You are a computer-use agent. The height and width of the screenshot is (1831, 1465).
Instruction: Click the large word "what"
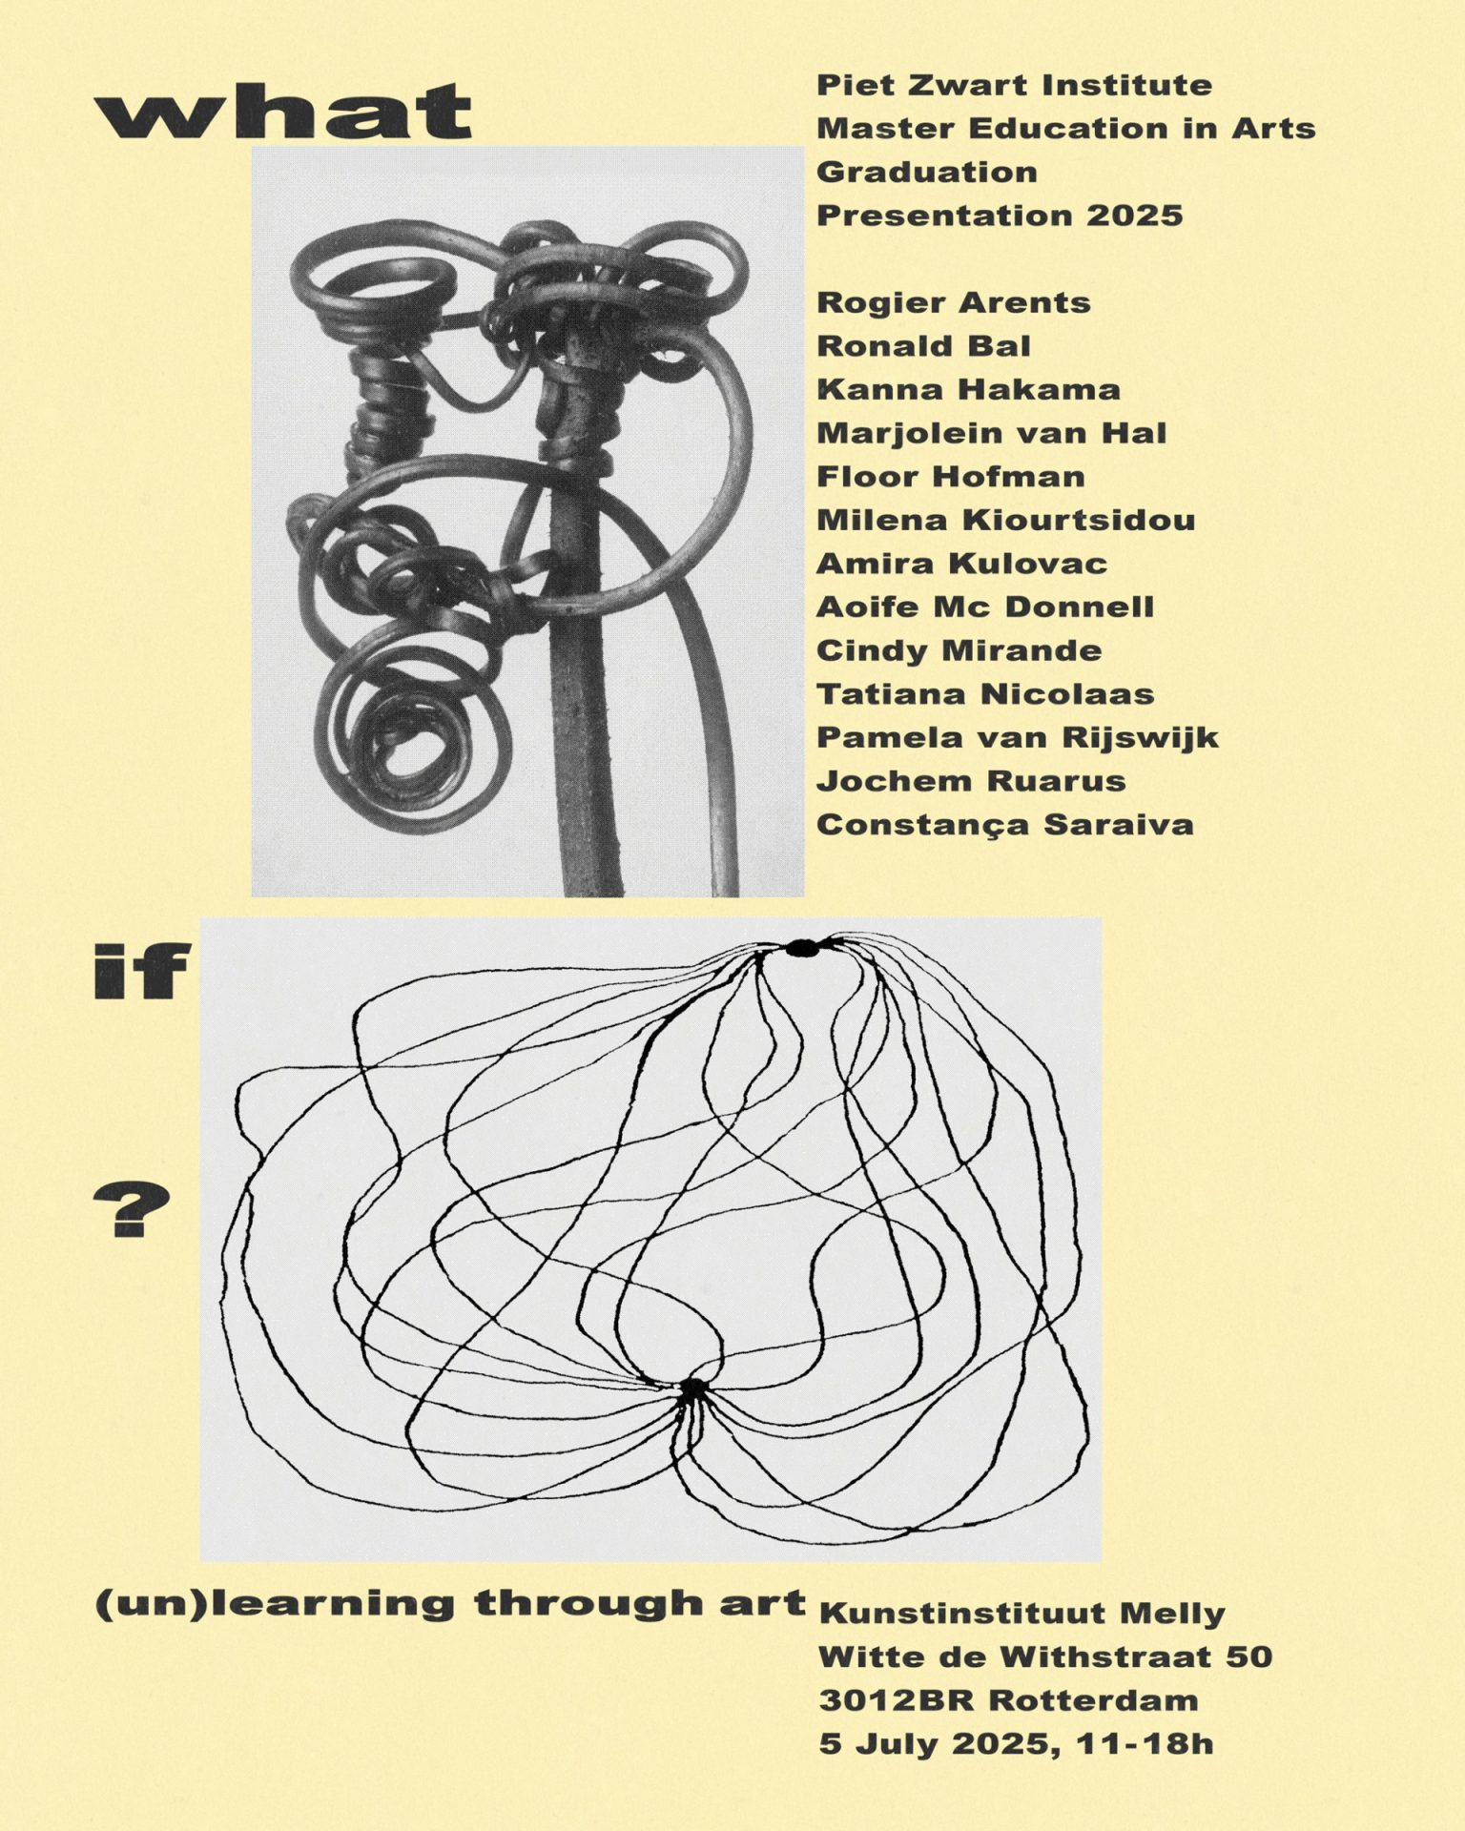pyautogui.click(x=283, y=112)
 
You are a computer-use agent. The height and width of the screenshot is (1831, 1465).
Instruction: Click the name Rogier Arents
pyautogui.click(x=953, y=303)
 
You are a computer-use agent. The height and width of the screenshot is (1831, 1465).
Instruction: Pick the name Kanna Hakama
pyautogui.click(x=967, y=390)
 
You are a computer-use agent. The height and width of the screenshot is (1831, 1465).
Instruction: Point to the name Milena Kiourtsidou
pyautogui.click(x=1005, y=521)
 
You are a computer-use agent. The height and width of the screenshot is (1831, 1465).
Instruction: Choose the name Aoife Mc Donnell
pyautogui.click(x=984, y=607)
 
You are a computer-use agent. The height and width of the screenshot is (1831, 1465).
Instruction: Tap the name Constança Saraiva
pyautogui.click(x=1004, y=825)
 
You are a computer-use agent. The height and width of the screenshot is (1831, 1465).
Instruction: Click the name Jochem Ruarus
pyautogui.click(x=970, y=781)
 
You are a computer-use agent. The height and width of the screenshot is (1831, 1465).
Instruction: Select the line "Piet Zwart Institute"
pyautogui.click(x=1014, y=86)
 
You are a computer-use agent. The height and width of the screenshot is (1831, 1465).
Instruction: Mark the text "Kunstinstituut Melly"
pyautogui.click(x=1021, y=1615)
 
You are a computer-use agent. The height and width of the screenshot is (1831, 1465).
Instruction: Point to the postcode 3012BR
pyautogui.click(x=898, y=1700)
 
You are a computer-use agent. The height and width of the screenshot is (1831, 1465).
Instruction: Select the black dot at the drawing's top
pyautogui.click(x=802, y=948)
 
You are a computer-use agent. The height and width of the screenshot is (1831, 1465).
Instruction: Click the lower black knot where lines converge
pyautogui.click(x=691, y=1389)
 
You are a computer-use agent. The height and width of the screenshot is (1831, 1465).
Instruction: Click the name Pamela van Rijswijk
pyautogui.click(x=1017, y=738)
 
